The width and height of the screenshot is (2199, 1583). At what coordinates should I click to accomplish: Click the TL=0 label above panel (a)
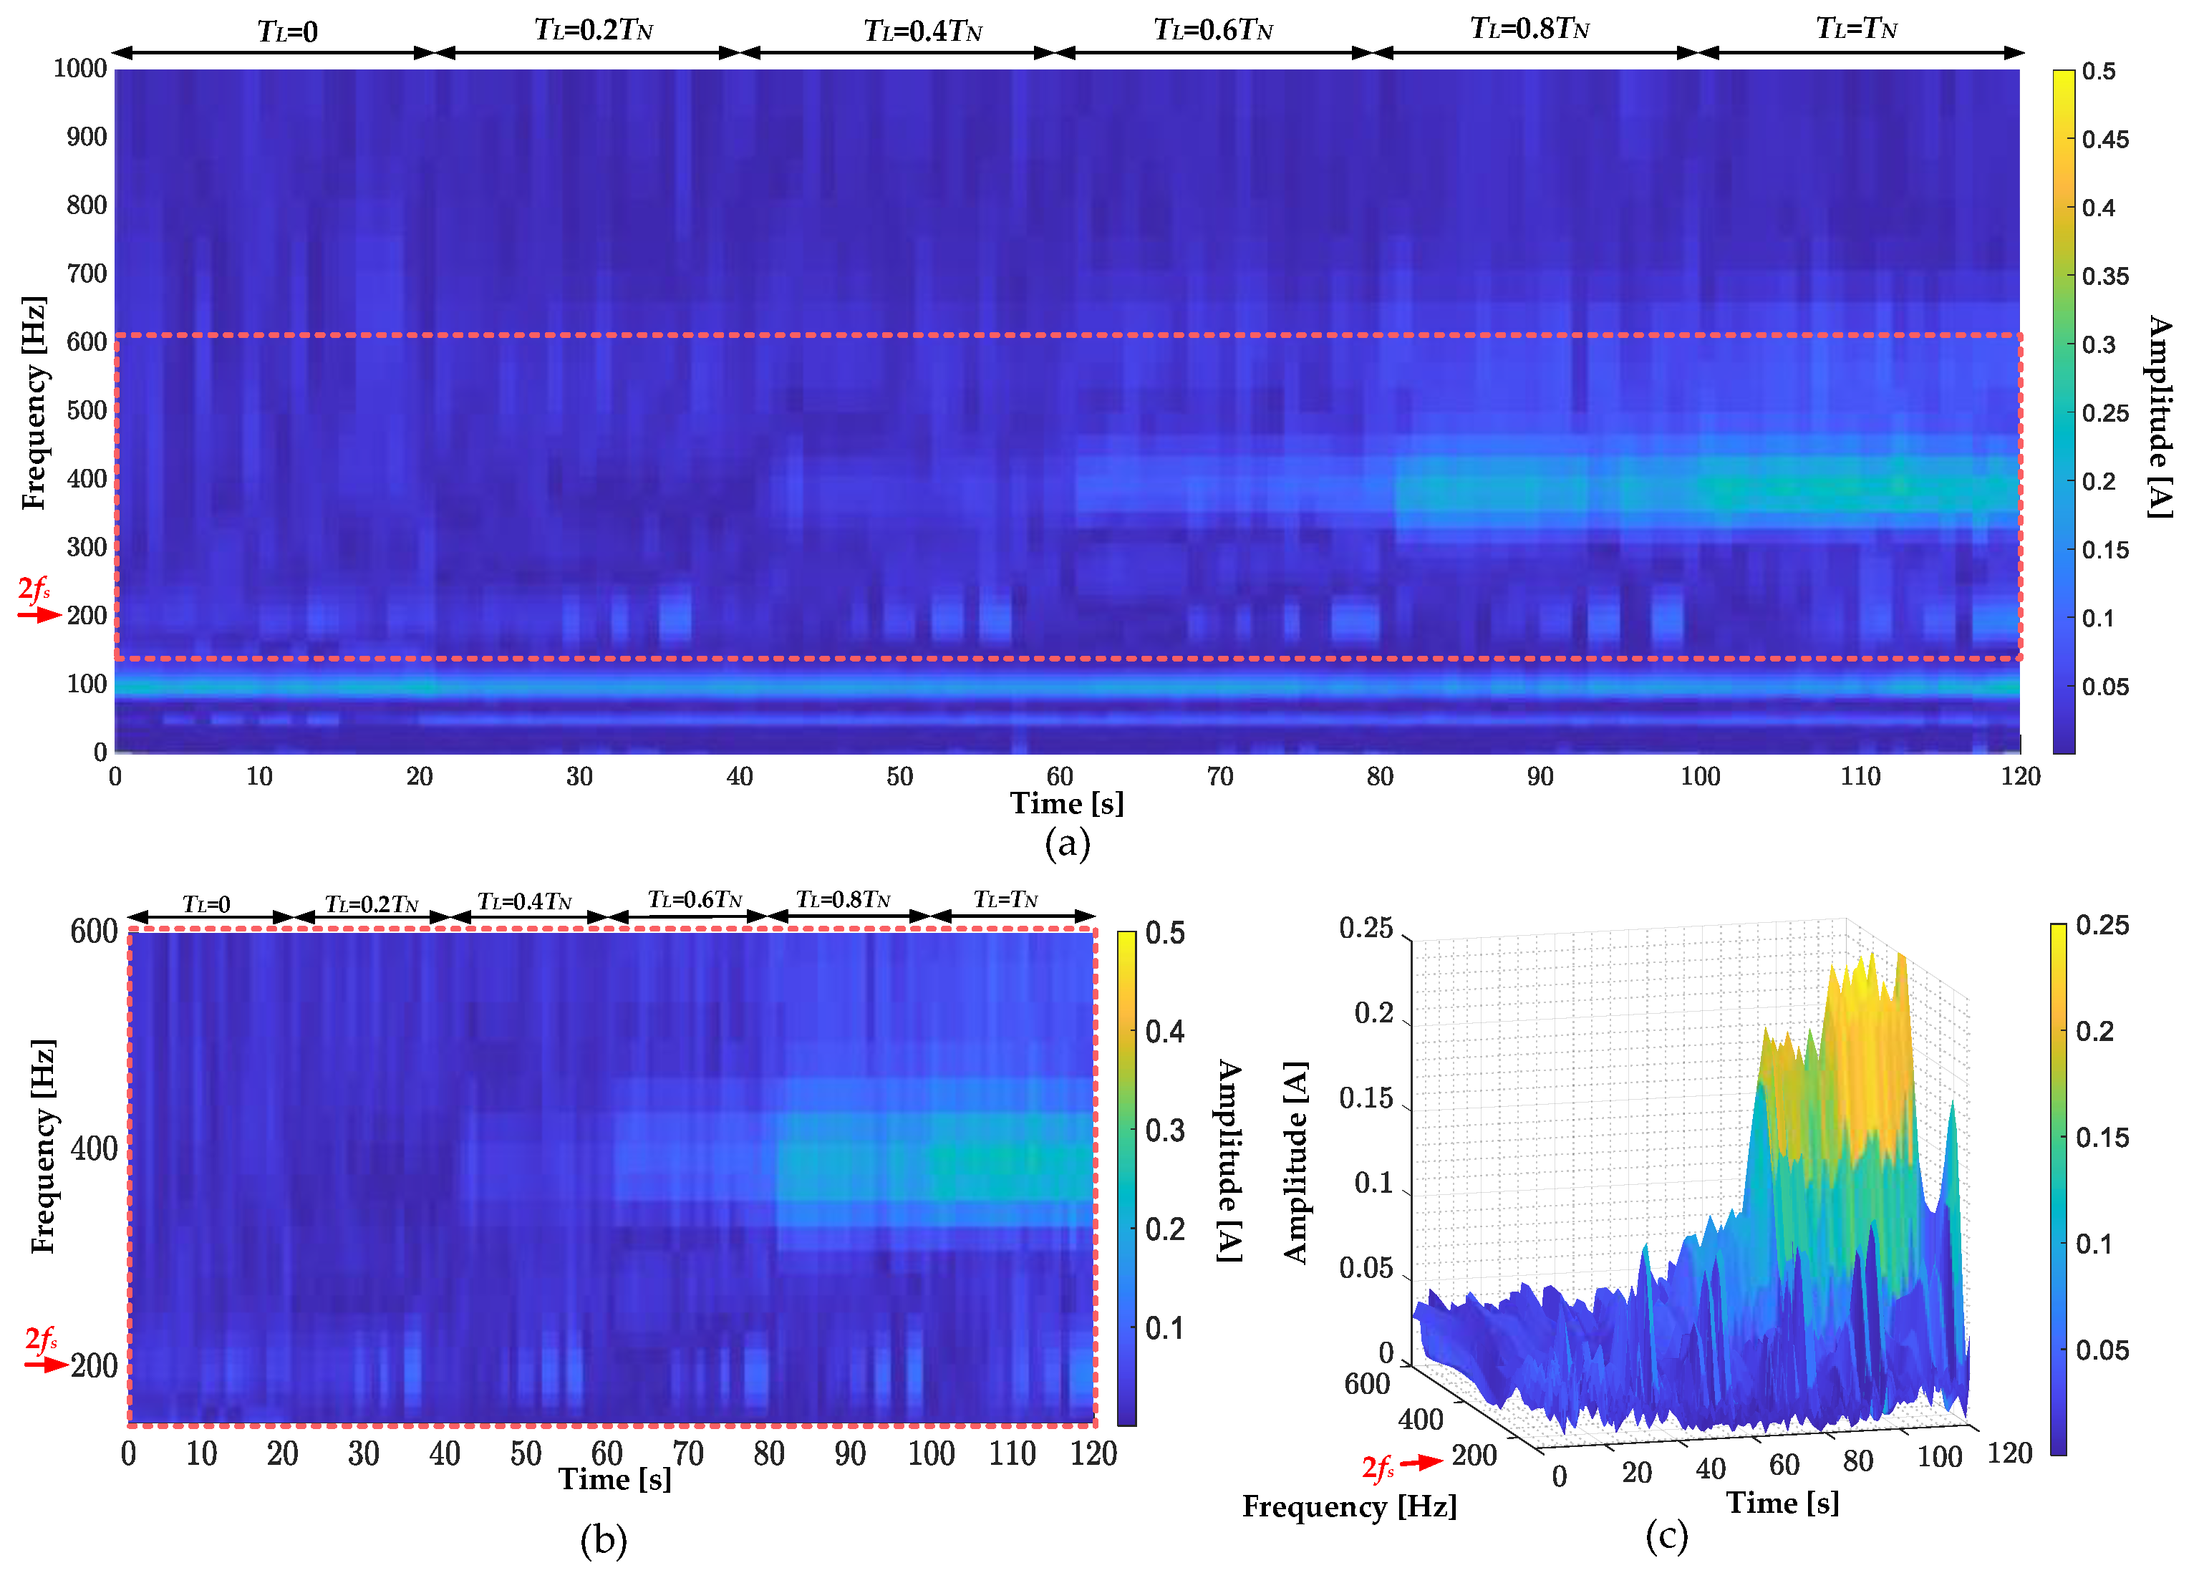[x=287, y=31]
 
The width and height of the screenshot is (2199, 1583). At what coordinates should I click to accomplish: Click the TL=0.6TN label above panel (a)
[x=1212, y=30]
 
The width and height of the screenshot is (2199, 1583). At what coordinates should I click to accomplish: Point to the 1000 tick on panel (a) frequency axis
[x=79, y=68]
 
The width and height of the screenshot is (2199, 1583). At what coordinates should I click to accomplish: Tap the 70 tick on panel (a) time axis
[x=1219, y=777]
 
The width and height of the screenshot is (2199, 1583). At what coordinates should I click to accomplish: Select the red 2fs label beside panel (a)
[x=34, y=589]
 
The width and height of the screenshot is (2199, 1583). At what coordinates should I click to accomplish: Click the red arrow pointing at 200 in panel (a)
[x=39, y=614]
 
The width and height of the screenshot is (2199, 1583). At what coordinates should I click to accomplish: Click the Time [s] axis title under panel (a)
[x=1066, y=803]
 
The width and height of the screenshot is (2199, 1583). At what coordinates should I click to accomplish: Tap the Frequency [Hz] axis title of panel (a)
[x=33, y=402]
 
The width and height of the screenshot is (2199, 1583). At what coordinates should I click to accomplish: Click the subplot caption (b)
[x=603, y=1540]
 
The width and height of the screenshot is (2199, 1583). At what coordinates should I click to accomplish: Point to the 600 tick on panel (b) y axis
[x=93, y=931]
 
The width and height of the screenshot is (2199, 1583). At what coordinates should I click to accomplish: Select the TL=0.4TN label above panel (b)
[x=525, y=901]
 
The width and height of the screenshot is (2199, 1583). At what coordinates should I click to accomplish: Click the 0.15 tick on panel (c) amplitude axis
[x=1366, y=1098]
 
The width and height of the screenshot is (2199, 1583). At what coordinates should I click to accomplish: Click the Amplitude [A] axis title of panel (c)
[x=1295, y=1162]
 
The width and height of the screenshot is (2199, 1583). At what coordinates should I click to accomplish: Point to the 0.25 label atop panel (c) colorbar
[x=2102, y=926]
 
